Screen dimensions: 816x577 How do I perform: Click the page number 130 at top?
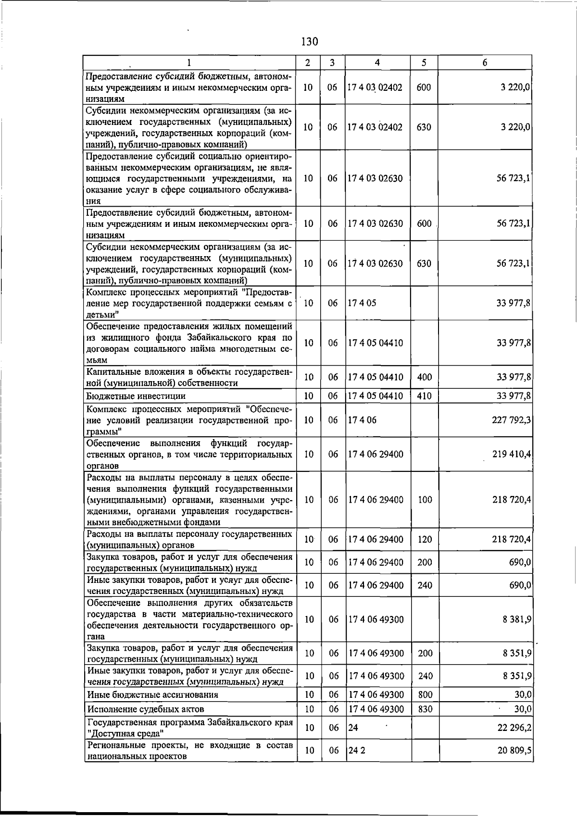coord(310,42)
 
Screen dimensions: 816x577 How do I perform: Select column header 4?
coord(377,62)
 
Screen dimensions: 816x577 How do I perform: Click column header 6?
coord(485,62)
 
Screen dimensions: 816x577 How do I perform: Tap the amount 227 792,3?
coord(512,420)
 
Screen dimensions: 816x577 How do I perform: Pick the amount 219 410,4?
coord(512,454)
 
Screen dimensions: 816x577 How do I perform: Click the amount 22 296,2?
coord(514,728)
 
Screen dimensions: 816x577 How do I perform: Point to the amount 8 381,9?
coord(517,619)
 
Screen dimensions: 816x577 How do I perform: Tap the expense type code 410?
coord(425,396)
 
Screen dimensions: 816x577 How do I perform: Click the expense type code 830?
coord(425,709)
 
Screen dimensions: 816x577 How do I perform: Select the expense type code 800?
coord(425,694)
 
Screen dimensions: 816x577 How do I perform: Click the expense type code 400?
coord(425,377)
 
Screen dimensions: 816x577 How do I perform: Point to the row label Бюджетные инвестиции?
coord(136,396)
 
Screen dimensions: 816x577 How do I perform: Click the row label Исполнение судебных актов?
coord(146,709)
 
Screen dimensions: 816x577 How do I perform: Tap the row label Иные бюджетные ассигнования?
coord(152,694)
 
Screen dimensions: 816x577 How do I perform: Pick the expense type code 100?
coord(425,500)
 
